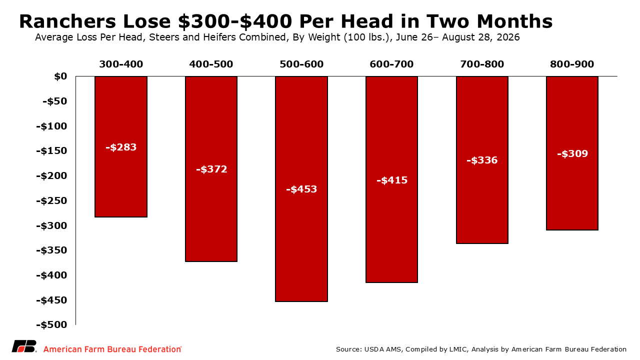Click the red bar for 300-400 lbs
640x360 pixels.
[x=121, y=146]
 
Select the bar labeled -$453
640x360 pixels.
[x=301, y=189]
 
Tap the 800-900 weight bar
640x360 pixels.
[x=572, y=153]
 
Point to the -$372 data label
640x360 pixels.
[x=211, y=169]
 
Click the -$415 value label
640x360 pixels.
[x=392, y=180]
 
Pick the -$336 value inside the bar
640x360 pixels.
[x=482, y=160]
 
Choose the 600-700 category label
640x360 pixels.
[x=391, y=64]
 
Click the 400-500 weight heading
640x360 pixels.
[x=211, y=64]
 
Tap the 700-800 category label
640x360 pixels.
[x=482, y=64]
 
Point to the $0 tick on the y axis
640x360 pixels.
[x=60, y=76]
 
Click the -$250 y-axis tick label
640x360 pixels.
[x=51, y=200]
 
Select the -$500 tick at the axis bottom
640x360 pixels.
[x=51, y=325]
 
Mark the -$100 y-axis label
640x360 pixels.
[x=51, y=126]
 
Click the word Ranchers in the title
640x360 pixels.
[x=67, y=21]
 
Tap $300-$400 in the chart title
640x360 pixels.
[x=235, y=21]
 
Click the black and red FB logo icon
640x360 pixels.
[x=24, y=346]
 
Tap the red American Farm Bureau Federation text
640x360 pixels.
[x=112, y=349]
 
